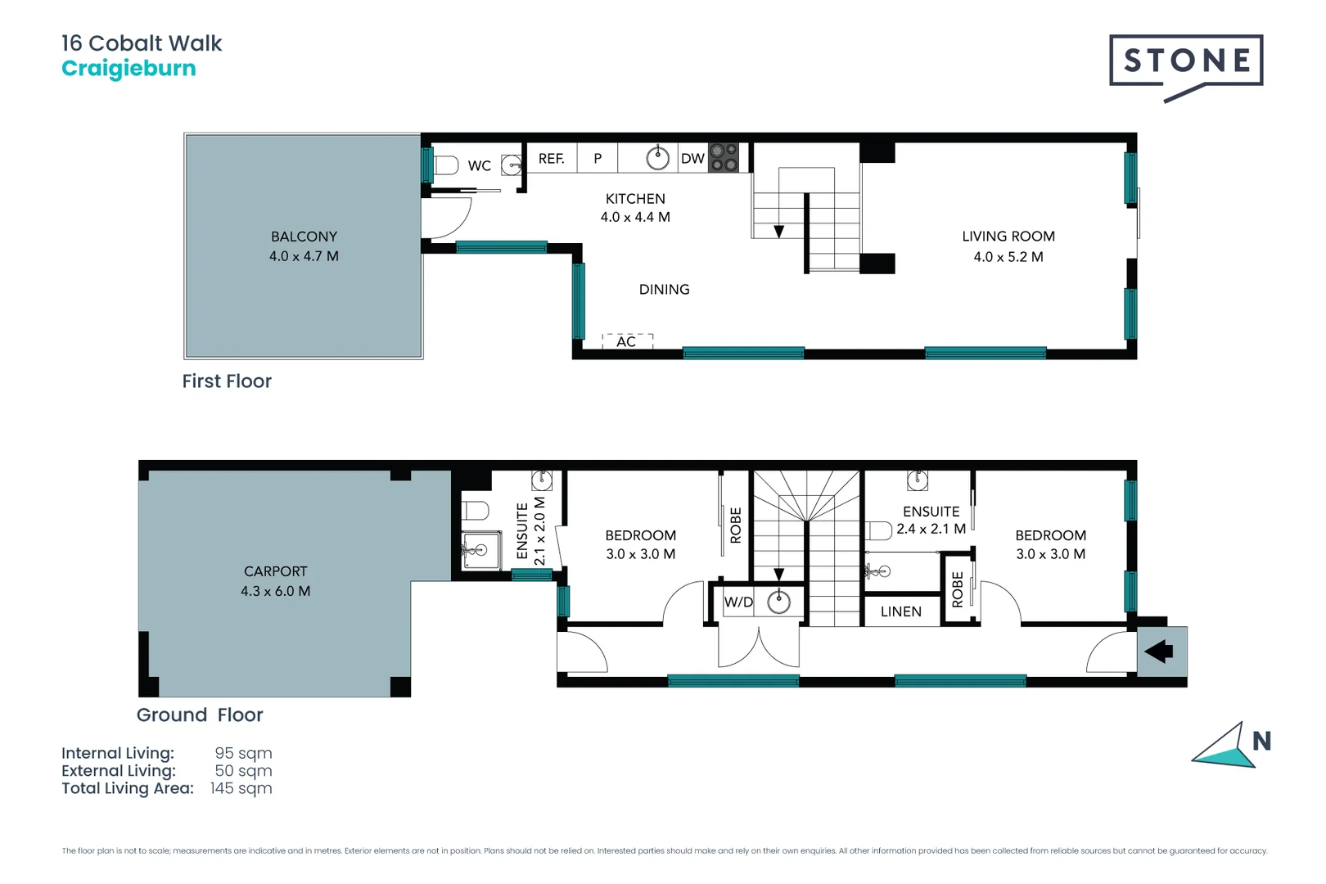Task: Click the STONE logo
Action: tap(1186, 67)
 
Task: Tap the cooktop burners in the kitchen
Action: tap(724, 158)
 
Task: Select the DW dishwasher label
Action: tap(692, 159)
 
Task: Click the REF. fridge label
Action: tap(551, 159)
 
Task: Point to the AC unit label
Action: tap(625, 341)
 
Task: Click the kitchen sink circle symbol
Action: tap(657, 158)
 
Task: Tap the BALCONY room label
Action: tap(304, 237)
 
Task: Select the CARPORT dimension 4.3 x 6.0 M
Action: tap(275, 591)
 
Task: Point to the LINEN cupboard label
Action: tap(901, 611)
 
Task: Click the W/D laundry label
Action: tap(739, 602)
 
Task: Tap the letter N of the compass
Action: tap(1261, 741)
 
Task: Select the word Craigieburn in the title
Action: tap(129, 69)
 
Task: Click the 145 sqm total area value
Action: tap(241, 788)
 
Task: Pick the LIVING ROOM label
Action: tap(1008, 237)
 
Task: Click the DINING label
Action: tap(664, 290)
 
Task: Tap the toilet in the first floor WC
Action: tap(446, 165)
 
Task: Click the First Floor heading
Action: tap(227, 381)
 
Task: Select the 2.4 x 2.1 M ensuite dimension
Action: tap(931, 529)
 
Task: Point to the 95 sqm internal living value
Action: tap(243, 753)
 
